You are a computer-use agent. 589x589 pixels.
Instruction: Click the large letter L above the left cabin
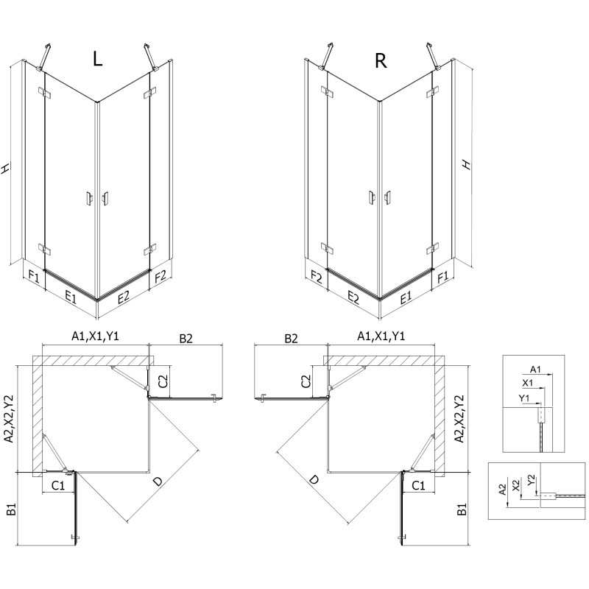(97, 60)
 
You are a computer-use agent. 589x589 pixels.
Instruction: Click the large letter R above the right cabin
(381, 60)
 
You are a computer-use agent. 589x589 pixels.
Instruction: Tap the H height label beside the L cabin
(7, 168)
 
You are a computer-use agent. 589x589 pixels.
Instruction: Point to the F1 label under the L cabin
(33, 278)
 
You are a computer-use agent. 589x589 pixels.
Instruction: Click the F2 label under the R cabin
(317, 278)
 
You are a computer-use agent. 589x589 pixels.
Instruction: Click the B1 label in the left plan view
(10, 509)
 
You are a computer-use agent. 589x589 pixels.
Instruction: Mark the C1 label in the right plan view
(417, 486)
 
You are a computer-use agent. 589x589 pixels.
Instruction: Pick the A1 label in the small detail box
(535, 370)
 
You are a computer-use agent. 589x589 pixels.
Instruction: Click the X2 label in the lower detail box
(517, 484)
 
